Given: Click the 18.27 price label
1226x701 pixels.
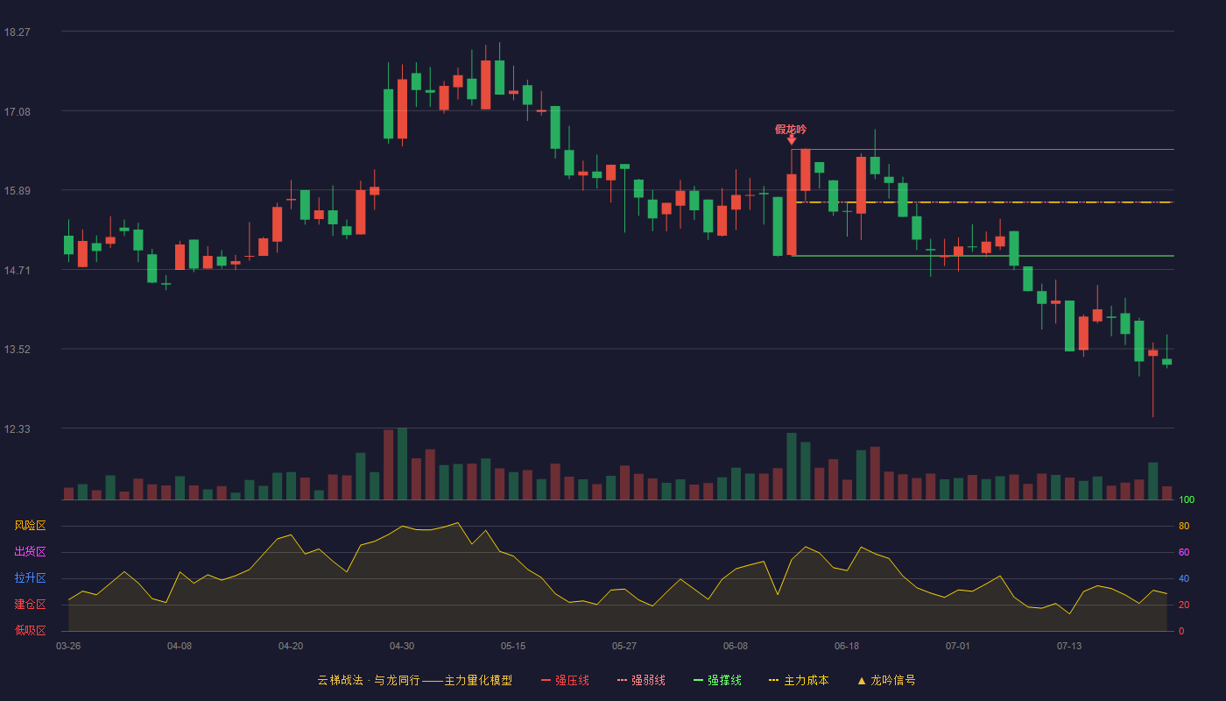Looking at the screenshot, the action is pyautogui.click(x=17, y=32).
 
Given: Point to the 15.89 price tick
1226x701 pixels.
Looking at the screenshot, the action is pyautogui.click(x=17, y=191).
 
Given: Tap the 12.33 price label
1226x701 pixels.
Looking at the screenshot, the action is pyautogui.click(x=17, y=428).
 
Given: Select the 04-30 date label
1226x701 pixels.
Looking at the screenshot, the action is pyautogui.click(x=402, y=647).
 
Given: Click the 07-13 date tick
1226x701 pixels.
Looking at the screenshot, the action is pyautogui.click(x=1069, y=647).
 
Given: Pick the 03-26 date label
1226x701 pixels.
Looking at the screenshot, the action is pyautogui.click(x=68, y=647).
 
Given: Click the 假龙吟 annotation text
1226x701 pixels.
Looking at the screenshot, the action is pyautogui.click(x=791, y=130).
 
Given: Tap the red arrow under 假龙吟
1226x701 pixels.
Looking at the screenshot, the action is pyautogui.click(x=792, y=140).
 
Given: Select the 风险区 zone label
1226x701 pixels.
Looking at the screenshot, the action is pyautogui.click(x=30, y=526).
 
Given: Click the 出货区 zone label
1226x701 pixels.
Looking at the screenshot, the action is pyautogui.click(x=30, y=551).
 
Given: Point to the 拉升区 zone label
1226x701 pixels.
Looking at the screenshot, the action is pyautogui.click(x=30, y=577).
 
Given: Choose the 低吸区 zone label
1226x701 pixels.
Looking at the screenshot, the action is pyautogui.click(x=30, y=630).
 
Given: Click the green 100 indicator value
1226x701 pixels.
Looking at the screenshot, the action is pyautogui.click(x=1187, y=499).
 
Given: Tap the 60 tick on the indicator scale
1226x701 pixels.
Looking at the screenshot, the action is pyautogui.click(x=1184, y=552).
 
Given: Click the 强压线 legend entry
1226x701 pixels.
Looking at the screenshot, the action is pyautogui.click(x=565, y=680).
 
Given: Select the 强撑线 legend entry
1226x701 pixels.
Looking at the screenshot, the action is pyautogui.click(x=717, y=680).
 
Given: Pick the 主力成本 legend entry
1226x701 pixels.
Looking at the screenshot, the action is pyautogui.click(x=799, y=680).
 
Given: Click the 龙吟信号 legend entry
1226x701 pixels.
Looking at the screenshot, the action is pyautogui.click(x=886, y=680).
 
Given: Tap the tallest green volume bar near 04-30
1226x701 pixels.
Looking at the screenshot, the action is pyautogui.click(x=402, y=464).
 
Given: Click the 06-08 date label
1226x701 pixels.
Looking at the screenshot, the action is pyautogui.click(x=735, y=647).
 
